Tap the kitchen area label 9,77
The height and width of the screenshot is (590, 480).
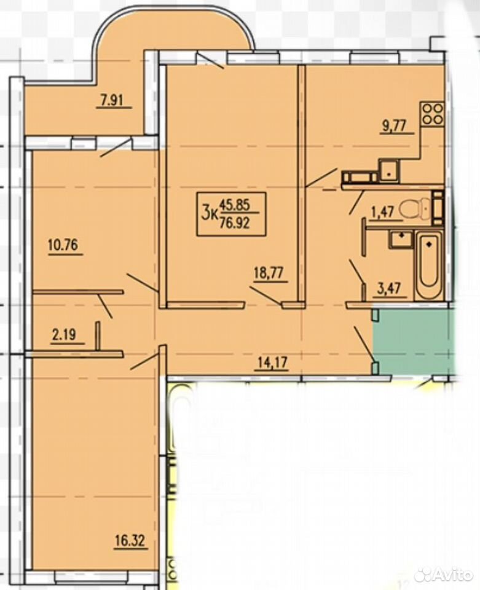click(394, 125)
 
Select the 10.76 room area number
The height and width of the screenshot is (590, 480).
click(63, 245)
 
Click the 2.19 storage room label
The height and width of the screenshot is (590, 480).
click(63, 334)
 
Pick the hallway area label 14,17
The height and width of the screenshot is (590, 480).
click(273, 363)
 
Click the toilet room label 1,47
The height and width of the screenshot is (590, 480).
click(382, 212)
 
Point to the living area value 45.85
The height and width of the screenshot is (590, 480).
click(237, 206)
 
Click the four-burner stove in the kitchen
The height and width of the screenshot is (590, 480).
click(433, 113)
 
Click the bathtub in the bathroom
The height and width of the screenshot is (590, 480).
click(429, 265)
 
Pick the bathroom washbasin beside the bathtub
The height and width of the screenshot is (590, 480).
click(402, 239)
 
